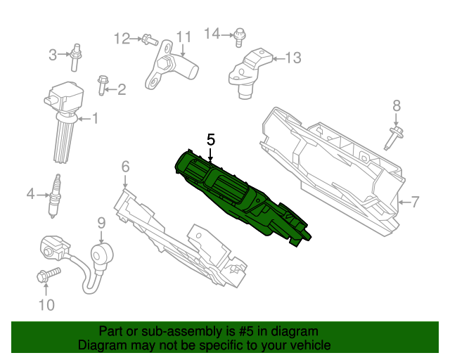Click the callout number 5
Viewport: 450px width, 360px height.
tap(211, 140)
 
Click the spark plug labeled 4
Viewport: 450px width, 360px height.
tap(54, 196)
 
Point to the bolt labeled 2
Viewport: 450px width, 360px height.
tap(103, 85)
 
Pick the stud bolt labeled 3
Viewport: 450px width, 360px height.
tap(76, 58)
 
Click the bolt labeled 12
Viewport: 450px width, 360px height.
tap(150, 40)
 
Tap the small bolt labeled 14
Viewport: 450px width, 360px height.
tap(239, 37)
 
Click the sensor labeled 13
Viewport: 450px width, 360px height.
tap(249, 73)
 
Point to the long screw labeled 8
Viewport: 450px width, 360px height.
tap(394, 138)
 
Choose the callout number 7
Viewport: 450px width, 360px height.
tap(415, 202)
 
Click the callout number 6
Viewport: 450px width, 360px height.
tap(125, 167)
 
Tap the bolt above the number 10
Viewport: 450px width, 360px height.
tap(49, 275)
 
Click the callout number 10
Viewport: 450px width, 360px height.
tap(46, 305)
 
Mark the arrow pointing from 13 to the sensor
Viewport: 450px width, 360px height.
tap(278, 59)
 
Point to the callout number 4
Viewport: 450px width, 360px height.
tap(31, 194)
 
